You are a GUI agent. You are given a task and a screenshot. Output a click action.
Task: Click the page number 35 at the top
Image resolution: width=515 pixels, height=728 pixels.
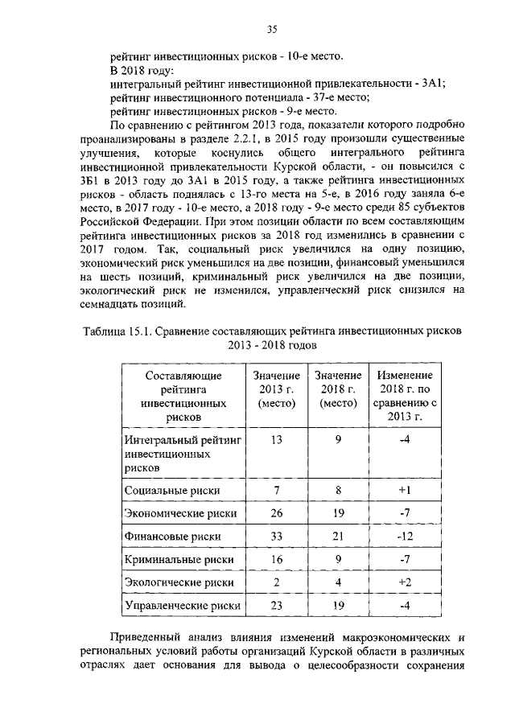pos(272,30)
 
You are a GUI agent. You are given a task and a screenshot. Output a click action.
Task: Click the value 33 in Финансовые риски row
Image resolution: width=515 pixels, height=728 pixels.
pos(276,535)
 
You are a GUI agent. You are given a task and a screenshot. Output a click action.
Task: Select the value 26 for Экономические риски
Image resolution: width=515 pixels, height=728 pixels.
pos(276,512)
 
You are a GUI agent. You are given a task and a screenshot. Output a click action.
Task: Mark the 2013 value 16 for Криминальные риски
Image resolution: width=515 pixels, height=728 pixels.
pos(276,558)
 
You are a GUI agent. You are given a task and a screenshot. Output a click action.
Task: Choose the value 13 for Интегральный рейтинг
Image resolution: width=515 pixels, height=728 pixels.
pos(276,440)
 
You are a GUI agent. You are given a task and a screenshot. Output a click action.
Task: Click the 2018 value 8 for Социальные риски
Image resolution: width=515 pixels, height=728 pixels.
pos(338,489)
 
